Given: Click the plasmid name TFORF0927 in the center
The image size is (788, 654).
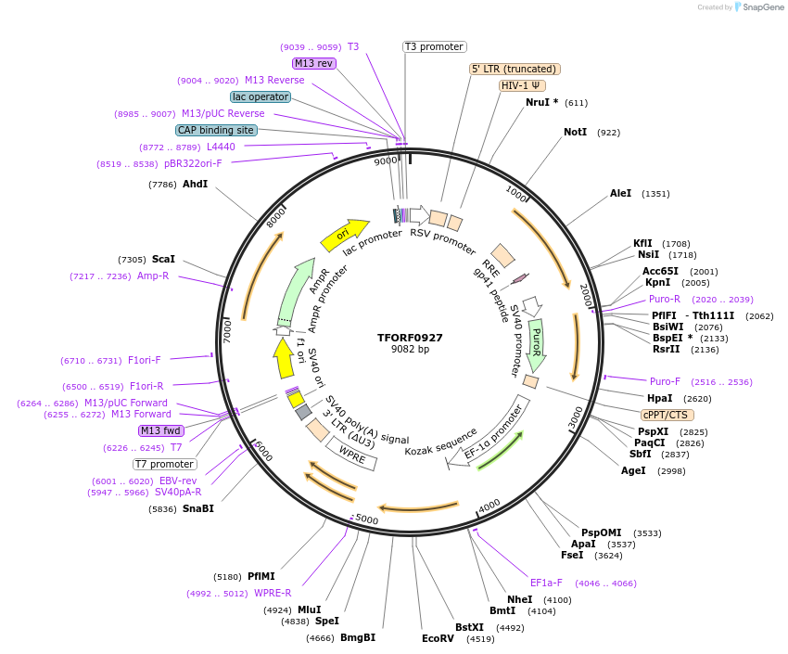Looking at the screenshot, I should (x=411, y=338).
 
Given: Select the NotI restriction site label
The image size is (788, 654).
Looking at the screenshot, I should (x=575, y=133).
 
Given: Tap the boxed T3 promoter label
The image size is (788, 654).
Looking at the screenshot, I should (x=434, y=46).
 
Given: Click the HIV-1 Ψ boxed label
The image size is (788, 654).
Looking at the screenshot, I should (x=522, y=85).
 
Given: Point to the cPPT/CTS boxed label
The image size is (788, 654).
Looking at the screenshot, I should (x=667, y=415).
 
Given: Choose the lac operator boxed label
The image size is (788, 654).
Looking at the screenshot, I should (x=260, y=96).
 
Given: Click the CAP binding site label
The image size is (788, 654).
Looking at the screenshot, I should (x=216, y=131).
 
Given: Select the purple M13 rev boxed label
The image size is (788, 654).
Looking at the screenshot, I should (x=313, y=63).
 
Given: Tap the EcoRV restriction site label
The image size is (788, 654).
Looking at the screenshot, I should (x=438, y=638).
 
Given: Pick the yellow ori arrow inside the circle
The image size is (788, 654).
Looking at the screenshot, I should (x=345, y=236).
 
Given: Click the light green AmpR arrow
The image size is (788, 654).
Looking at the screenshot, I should (x=296, y=291).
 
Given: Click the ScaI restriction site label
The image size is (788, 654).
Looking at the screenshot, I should (x=162, y=260).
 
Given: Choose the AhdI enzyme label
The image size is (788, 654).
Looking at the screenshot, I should (x=195, y=185).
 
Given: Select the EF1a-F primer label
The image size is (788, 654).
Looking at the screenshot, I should (x=546, y=583).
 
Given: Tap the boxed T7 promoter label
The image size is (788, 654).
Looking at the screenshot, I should (x=165, y=464).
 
